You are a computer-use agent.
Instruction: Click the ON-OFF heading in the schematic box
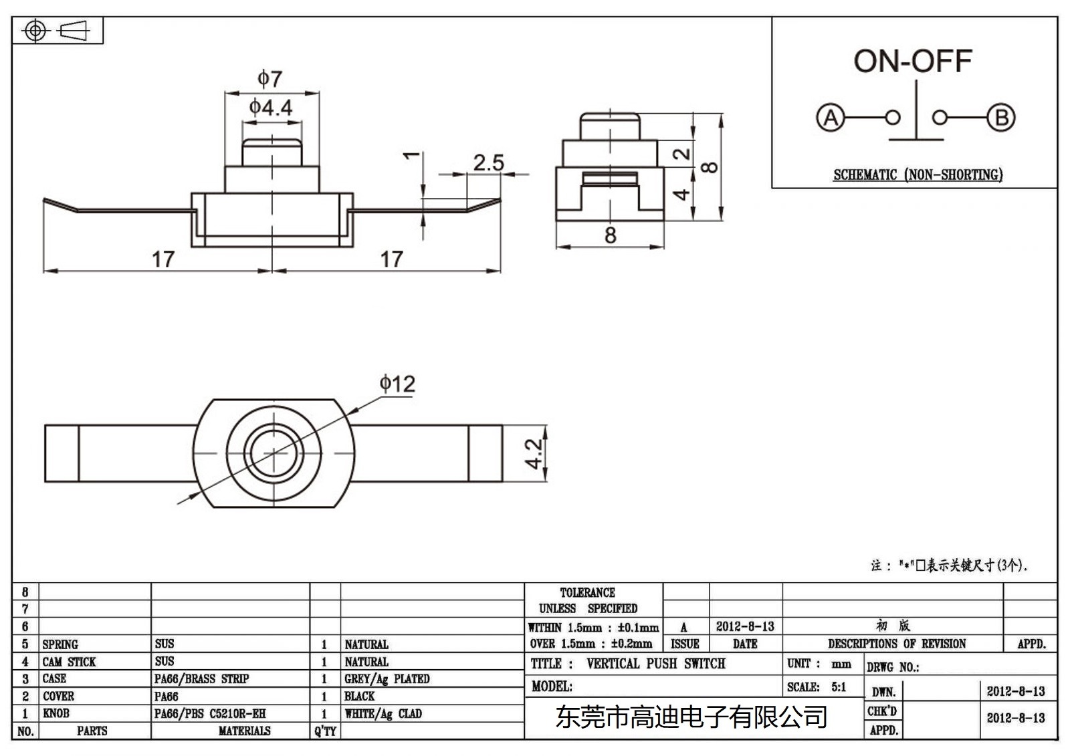point(912,61)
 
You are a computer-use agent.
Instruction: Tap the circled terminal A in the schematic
point(830,118)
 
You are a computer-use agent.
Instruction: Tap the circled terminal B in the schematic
point(1000,118)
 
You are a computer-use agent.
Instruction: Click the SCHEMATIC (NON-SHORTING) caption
point(918,175)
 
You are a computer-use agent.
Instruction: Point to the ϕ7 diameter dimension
point(270,79)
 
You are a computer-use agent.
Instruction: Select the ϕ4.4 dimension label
point(271,107)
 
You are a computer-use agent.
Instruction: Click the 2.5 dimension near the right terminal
point(488,162)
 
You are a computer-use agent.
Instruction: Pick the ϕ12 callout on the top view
point(397,384)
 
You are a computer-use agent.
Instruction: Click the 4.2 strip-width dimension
point(533,453)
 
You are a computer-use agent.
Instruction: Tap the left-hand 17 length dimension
point(163,259)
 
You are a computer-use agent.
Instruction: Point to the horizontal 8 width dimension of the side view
point(610,235)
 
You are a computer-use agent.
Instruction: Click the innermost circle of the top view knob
point(273,453)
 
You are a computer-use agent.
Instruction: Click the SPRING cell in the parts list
point(60,644)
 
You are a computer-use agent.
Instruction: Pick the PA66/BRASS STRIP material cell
point(201,678)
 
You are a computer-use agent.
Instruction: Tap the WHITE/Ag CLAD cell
point(383,713)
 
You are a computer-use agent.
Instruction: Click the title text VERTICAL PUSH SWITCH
point(655,664)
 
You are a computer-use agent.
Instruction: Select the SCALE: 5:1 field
point(817,686)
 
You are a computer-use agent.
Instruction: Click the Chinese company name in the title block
point(691,717)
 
